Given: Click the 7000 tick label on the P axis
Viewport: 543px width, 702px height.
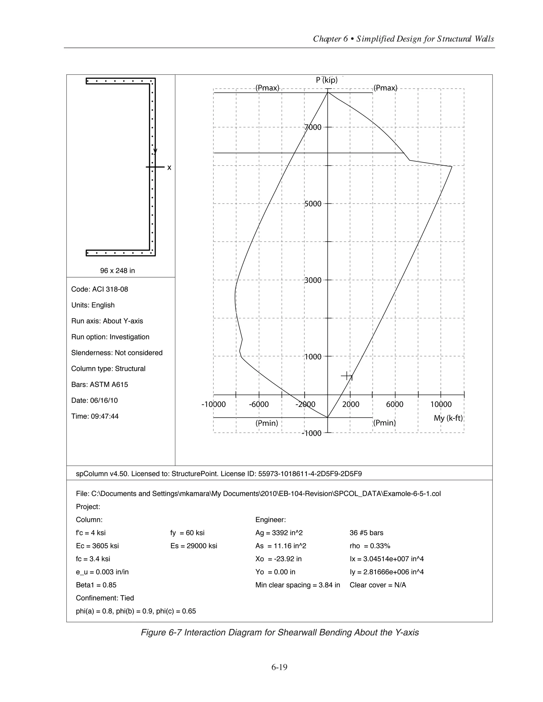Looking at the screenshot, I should point(313,127).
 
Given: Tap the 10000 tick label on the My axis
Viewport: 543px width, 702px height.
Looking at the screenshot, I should point(441,404).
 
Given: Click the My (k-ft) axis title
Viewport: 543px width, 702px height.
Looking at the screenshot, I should point(448,418).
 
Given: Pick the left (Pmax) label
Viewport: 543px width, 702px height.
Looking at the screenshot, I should point(267,88).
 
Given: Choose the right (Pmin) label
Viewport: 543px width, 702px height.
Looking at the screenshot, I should point(384,423).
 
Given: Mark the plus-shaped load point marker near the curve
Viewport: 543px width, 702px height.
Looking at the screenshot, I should point(347,375).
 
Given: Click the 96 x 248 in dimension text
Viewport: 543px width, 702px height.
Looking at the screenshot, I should point(117,271).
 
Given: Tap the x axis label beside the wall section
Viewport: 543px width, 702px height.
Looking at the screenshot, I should point(169,167).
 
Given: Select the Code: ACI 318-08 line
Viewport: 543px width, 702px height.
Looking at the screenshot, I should point(99,289).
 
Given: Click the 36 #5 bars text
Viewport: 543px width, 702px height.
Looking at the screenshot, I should point(366,533).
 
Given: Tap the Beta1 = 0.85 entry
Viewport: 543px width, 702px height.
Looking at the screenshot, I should point(96,585).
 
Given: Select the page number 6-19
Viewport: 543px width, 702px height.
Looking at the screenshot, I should point(279,667).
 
